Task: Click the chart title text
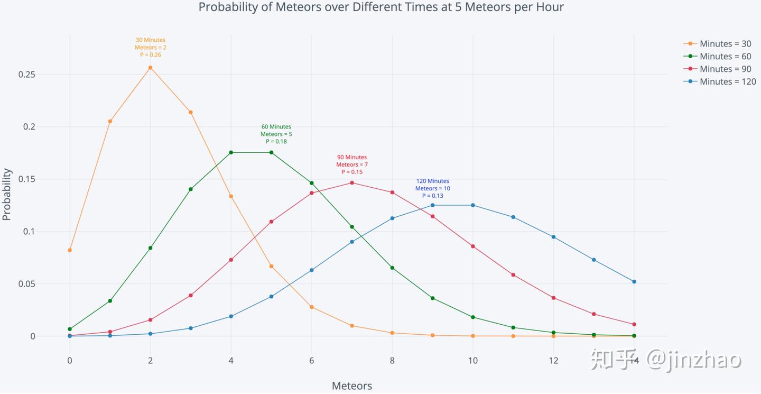tap(381, 7)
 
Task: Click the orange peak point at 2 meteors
tap(151, 68)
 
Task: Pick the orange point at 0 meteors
tap(70, 250)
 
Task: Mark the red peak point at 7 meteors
tap(352, 183)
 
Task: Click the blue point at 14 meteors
tap(634, 281)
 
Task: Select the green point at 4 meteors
tap(231, 152)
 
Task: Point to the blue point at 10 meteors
tap(473, 205)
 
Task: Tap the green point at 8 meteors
tap(392, 268)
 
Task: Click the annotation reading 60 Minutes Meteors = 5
tap(276, 134)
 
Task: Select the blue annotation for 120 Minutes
tap(432, 188)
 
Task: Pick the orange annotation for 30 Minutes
tap(151, 48)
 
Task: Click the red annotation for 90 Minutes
tap(352, 164)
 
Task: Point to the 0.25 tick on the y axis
tap(26, 75)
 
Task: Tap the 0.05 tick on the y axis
tap(26, 284)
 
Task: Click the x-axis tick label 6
tap(312, 361)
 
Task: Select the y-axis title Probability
tap(7, 194)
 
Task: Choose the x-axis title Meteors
tap(352, 386)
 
